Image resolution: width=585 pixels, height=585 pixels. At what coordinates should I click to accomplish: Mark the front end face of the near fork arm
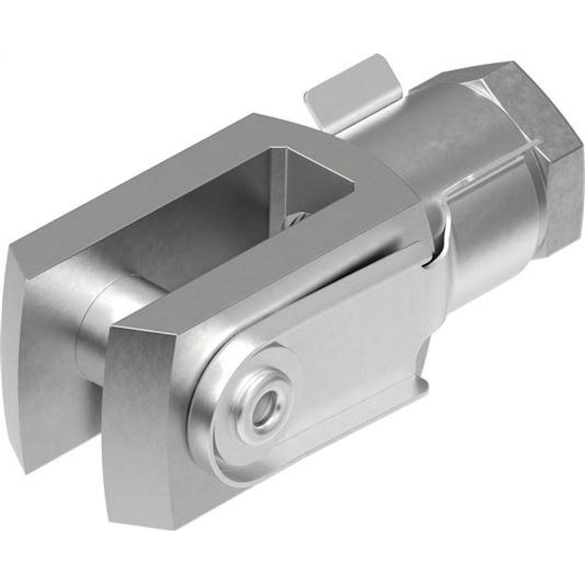click(146, 421)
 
